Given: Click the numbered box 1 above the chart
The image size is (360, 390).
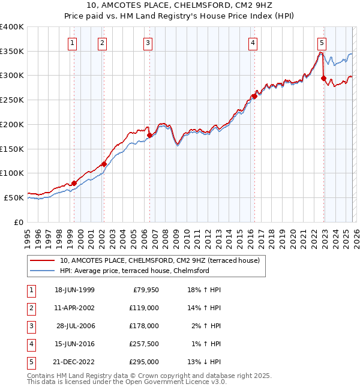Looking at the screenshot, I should (73, 43).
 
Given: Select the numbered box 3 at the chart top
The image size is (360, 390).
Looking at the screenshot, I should (148, 43).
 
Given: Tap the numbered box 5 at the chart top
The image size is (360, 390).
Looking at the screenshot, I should (322, 43).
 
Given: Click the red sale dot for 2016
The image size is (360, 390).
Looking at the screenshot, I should (254, 96).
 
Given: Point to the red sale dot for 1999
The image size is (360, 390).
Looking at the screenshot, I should (74, 183).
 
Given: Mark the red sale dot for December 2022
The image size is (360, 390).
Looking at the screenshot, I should (323, 78).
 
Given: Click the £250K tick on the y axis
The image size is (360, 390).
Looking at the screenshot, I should (12, 100).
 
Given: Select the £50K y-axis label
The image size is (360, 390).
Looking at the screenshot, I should (14, 197).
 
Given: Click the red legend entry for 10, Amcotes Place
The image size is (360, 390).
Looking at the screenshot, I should (160, 261).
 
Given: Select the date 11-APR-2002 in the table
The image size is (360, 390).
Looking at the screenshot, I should (74, 308).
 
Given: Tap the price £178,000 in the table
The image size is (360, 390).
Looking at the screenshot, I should (144, 326).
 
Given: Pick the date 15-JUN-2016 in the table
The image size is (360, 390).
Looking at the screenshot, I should (74, 344).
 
